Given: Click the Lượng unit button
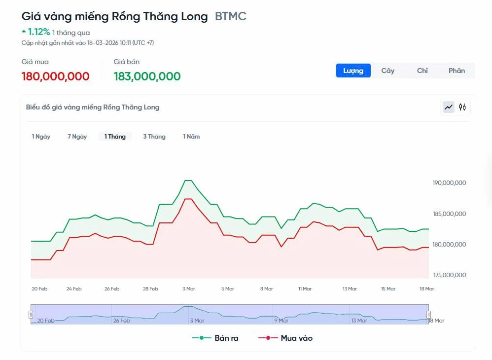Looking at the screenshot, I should coord(353,71).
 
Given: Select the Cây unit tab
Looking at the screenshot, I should coord(387,71).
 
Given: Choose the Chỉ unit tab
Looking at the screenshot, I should coord(422,71).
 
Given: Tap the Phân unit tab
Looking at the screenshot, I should coord(457,71).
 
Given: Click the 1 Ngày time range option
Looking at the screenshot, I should coord(41,137).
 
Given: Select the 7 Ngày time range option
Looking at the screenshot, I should coord(77,137).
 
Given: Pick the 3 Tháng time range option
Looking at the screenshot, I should coord(154,137).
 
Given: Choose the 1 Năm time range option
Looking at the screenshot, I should coord(191,137).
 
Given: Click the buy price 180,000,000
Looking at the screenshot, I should coord(56,76).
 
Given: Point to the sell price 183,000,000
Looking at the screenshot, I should coord(147,76).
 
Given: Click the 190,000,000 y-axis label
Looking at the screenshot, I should coord(449,183).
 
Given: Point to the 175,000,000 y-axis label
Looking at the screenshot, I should coord(449,275).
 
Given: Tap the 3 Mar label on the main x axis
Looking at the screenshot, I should coord(189,289).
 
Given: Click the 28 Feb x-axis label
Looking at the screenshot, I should coord(150,289).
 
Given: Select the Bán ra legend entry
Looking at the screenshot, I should coord(215,338).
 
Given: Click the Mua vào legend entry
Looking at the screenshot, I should coord(285,338).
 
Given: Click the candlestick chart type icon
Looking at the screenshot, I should coord(462,107).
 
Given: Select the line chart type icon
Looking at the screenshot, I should coord(449,107).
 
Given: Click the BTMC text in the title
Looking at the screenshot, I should coord(231,16).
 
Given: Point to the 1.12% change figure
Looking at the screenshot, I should coord(38,32).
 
